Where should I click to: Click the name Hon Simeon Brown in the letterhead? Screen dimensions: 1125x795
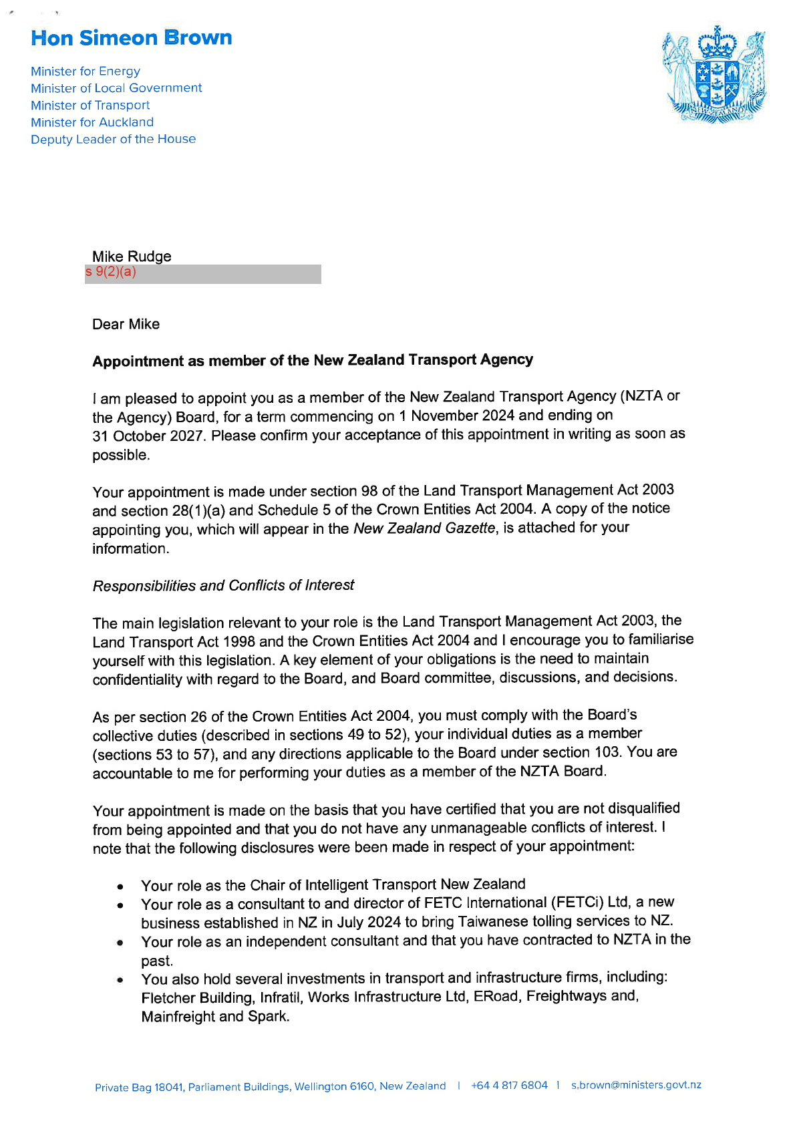[132, 38]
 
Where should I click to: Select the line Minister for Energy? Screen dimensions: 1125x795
[86, 71]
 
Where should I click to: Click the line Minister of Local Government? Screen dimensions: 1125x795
[116, 88]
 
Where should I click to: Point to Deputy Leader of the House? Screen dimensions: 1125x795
[114, 139]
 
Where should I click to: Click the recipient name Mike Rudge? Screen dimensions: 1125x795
[132, 257]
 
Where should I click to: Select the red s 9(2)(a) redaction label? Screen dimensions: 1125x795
[111, 272]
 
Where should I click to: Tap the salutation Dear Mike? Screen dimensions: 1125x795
[126, 325]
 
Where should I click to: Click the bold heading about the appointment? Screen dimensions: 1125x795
[313, 361]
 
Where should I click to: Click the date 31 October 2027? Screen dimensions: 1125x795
[148, 436]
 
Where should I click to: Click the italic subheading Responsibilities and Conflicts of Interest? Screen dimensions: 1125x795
[223, 586]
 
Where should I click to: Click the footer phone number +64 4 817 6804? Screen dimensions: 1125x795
[509, 1086]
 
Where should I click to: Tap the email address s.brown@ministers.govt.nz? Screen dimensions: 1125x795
[636, 1085]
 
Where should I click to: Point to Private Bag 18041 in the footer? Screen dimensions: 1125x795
[139, 1088]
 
